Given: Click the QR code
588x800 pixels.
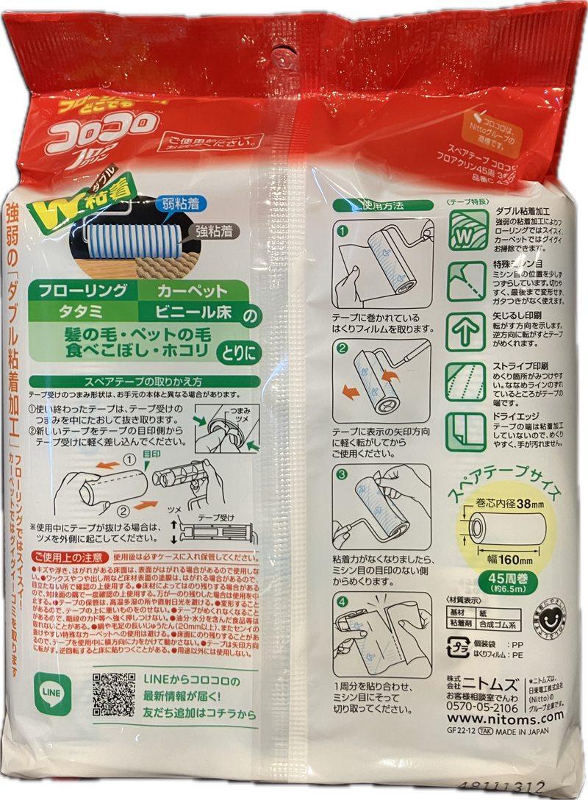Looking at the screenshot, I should pos(114,693).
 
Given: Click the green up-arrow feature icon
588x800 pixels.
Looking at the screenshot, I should pos(467,332).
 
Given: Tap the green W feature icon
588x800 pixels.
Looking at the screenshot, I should pos(467,230).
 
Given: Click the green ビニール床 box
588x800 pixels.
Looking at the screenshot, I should pos(193,312).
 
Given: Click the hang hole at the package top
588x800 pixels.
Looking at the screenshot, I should pos(280,54).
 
